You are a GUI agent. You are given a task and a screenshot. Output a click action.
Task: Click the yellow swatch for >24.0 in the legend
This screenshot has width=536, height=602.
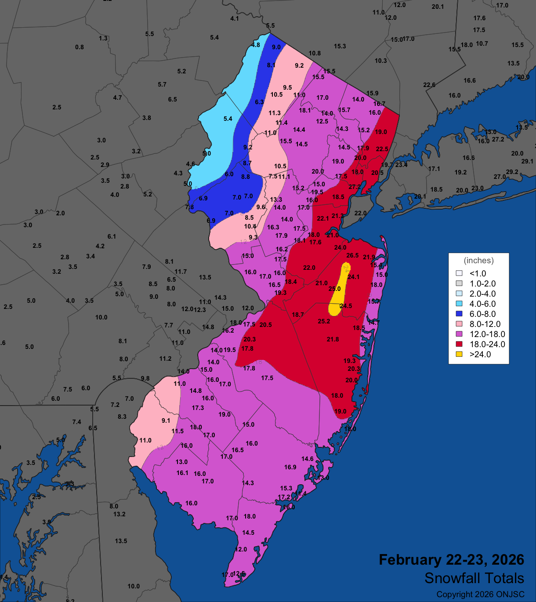459,354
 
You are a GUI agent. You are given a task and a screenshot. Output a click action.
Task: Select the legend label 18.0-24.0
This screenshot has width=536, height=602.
487,344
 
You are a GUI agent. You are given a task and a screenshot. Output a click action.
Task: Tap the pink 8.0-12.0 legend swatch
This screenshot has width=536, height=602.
459,324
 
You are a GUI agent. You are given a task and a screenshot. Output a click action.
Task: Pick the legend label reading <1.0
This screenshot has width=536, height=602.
478,273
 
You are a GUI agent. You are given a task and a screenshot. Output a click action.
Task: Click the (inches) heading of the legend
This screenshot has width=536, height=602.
478,261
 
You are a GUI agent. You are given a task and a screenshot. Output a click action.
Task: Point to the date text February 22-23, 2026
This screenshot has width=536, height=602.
451,560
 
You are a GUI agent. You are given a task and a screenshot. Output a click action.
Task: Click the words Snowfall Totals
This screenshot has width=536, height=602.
474,578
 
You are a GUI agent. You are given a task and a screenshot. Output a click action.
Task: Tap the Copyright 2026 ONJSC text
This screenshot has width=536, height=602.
480,595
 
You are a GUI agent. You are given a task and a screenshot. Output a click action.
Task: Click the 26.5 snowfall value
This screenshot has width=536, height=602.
352,255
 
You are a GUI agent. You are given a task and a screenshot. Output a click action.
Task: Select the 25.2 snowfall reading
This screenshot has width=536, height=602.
324,321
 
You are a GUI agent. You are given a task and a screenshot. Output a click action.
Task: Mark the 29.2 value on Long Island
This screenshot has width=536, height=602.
512,172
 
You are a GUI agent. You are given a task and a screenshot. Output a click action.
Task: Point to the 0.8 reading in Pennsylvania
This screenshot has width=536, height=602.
79,47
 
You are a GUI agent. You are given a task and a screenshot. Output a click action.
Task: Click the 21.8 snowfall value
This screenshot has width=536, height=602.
333,339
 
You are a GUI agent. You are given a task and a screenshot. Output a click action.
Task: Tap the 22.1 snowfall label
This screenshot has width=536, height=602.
322,218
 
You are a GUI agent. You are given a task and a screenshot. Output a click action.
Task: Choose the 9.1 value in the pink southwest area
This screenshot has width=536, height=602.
166,421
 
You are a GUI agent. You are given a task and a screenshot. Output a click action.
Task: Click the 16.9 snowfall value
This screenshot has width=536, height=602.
290,467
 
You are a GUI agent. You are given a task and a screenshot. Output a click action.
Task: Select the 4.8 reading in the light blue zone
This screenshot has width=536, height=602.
255,45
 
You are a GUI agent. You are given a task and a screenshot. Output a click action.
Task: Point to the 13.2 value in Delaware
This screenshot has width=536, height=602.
119,514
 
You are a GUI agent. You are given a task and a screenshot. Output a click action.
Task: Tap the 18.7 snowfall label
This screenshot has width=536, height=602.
297,315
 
